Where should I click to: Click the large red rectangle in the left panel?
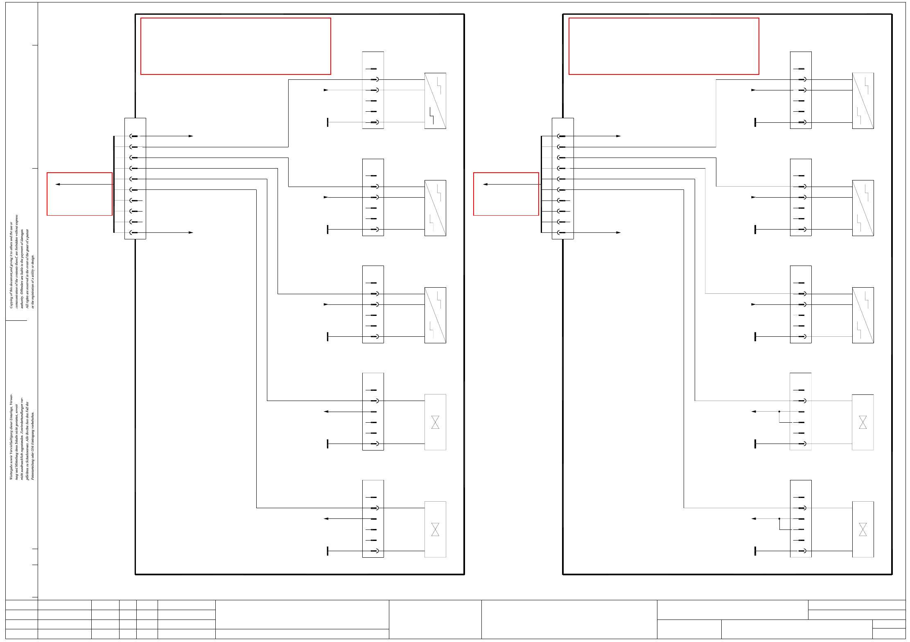pos(235,46)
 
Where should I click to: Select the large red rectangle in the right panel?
pos(664,46)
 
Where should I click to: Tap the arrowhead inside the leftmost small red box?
pos(58,185)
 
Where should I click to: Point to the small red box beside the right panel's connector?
pos(506,194)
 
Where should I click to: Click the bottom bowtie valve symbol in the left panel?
pos(435,529)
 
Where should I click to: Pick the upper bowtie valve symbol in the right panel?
pos(863,422)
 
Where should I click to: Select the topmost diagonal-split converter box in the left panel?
pos(435,101)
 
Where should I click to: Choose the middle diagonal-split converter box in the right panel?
pos(863,208)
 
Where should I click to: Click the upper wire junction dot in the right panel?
pos(779,412)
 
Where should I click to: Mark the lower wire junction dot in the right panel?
pos(779,519)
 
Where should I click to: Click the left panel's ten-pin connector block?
pos(135,178)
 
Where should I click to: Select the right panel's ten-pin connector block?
pos(562,178)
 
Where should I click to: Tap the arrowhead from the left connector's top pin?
pos(191,136)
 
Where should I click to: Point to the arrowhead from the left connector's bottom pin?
pos(191,233)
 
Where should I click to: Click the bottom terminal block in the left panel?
pos(373,519)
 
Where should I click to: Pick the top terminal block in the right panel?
pos(800,90)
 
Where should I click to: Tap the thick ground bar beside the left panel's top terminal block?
pos(327,122)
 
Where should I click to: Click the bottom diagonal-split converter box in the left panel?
pos(435,315)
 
